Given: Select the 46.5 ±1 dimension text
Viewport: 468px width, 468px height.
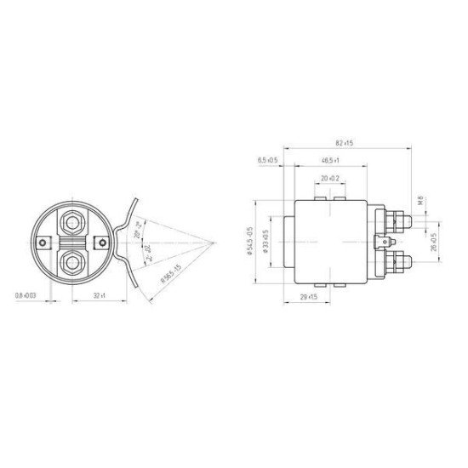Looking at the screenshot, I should [x=332, y=160].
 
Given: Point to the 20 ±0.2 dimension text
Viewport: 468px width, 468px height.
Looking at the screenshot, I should [x=331, y=179].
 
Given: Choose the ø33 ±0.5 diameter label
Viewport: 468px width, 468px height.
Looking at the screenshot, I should [x=265, y=240].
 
